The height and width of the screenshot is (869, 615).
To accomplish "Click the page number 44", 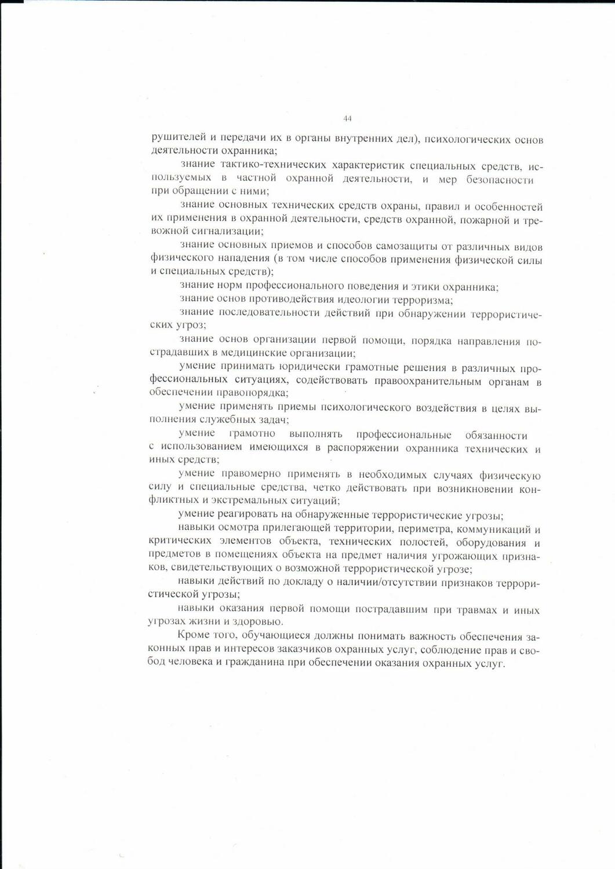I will tap(347, 118).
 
